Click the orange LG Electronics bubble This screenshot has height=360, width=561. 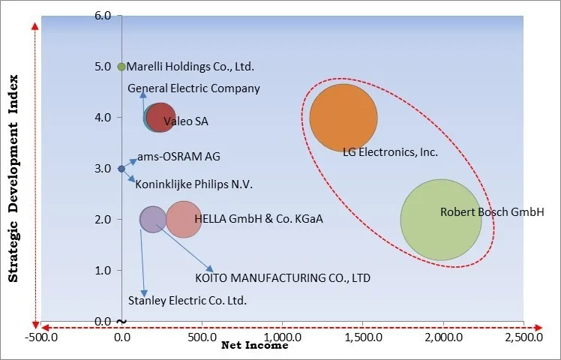343,118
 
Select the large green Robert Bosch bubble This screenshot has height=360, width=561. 441,219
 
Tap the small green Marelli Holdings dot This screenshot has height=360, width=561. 121,66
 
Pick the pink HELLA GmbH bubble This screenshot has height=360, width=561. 184,219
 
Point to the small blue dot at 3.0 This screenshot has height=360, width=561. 121,169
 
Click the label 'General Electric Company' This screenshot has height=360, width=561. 193,88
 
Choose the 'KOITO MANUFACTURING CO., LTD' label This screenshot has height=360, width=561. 282,277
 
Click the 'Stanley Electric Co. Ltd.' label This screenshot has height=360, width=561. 187,301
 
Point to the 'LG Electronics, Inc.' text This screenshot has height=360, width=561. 390,152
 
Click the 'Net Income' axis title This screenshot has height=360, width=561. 254,346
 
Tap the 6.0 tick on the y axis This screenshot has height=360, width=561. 103,16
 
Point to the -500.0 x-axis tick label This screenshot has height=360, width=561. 41,337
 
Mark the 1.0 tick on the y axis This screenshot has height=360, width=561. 103,270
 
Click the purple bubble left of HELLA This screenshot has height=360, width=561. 153,219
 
